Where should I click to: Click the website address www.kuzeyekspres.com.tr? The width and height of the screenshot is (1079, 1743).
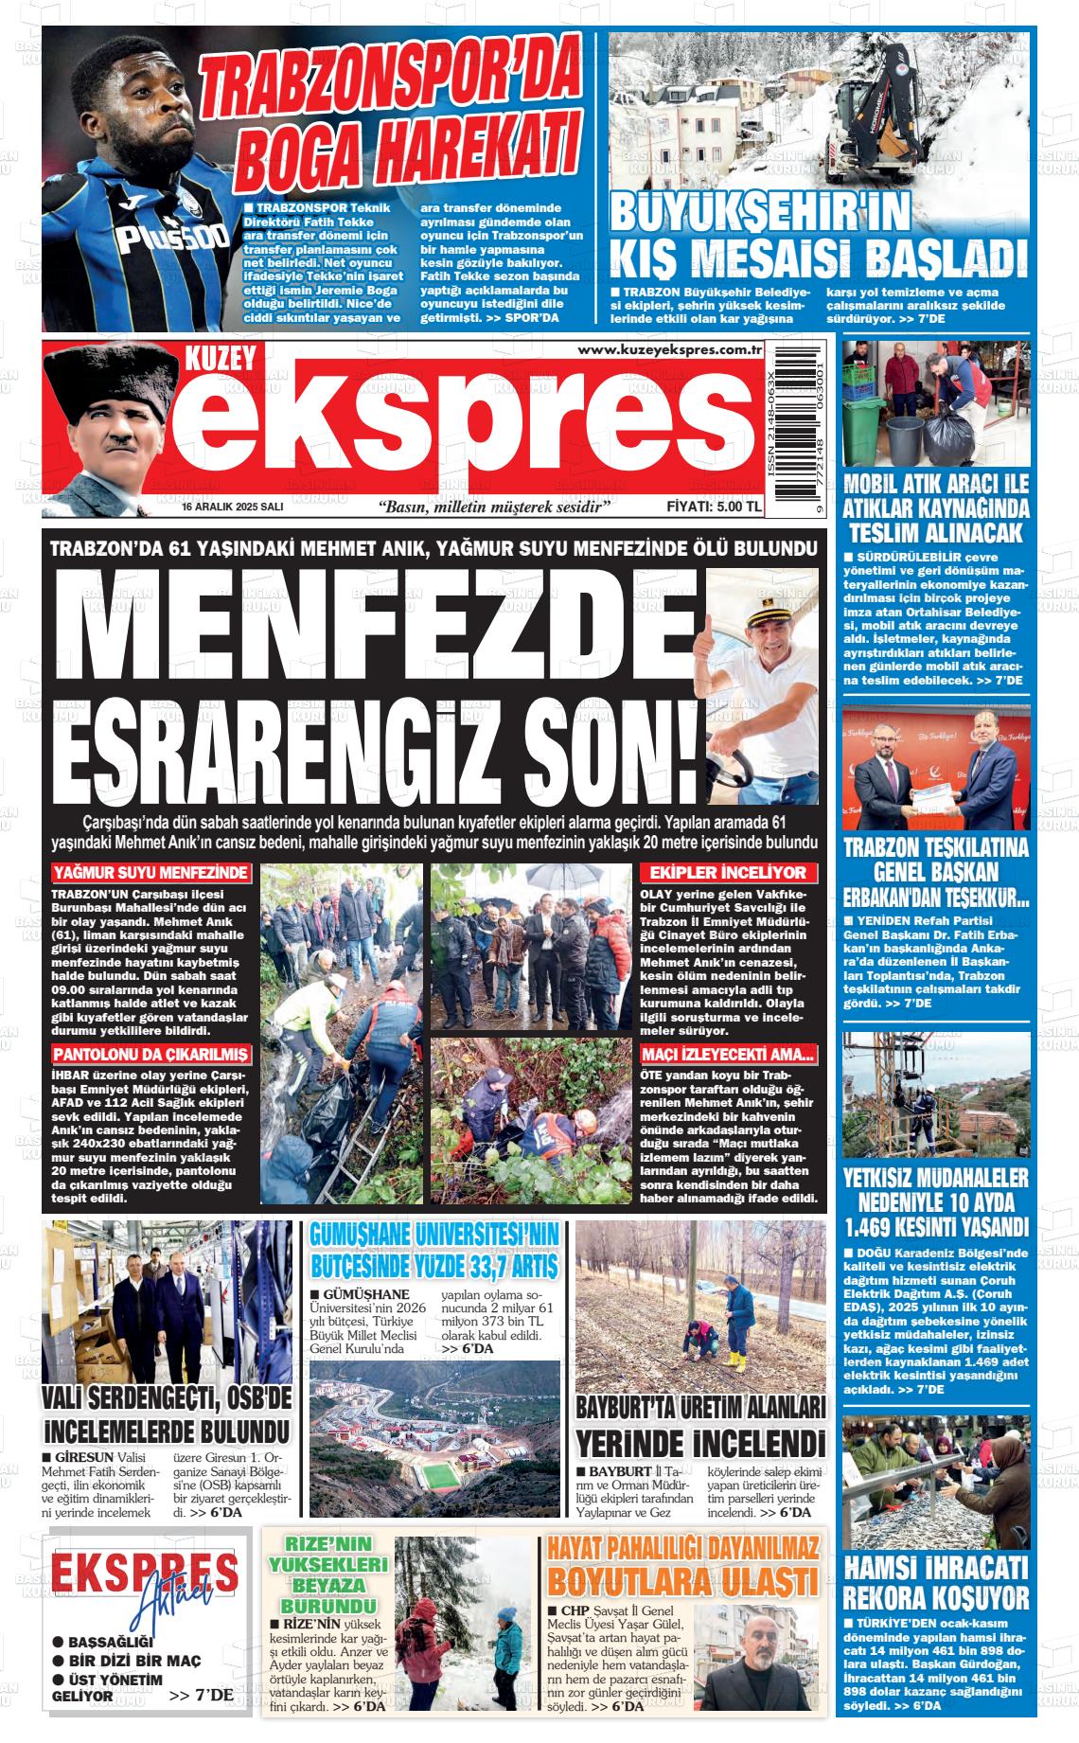tap(670, 351)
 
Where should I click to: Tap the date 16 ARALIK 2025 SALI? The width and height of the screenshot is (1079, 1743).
tap(233, 507)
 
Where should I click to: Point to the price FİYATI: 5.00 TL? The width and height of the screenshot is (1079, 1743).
tap(714, 507)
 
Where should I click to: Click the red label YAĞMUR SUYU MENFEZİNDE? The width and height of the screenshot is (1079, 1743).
tap(151, 872)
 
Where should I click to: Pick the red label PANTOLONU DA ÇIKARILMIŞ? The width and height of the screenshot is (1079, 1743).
tap(151, 1055)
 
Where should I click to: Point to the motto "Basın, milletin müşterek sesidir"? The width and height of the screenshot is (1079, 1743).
tap(493, 507)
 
